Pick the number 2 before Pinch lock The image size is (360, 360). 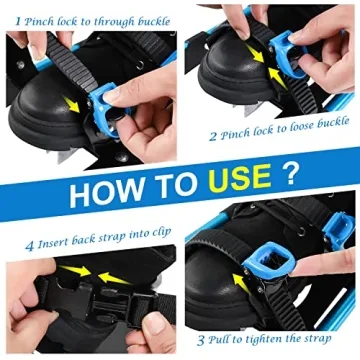coord(213,135)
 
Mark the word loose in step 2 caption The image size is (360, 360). coord(297,135)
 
